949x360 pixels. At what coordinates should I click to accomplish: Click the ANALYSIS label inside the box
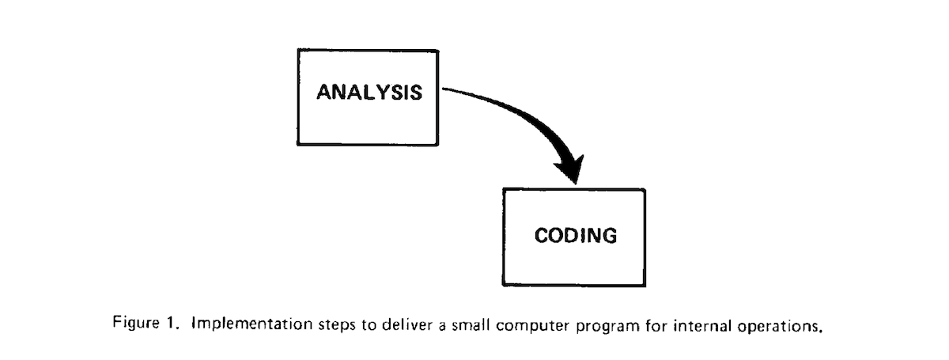[369, 92]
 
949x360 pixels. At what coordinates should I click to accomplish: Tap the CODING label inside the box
[576, 235]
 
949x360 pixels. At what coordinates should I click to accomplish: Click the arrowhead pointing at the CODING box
[571, 169]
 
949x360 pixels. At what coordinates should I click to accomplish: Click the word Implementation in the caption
[252, 324]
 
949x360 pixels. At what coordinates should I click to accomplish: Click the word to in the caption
[369, 325]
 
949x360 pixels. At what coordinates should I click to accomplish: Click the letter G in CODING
[607, 236]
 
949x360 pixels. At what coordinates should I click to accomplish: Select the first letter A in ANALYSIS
[325, 92]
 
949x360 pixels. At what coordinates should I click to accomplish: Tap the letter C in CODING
[543, 235]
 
